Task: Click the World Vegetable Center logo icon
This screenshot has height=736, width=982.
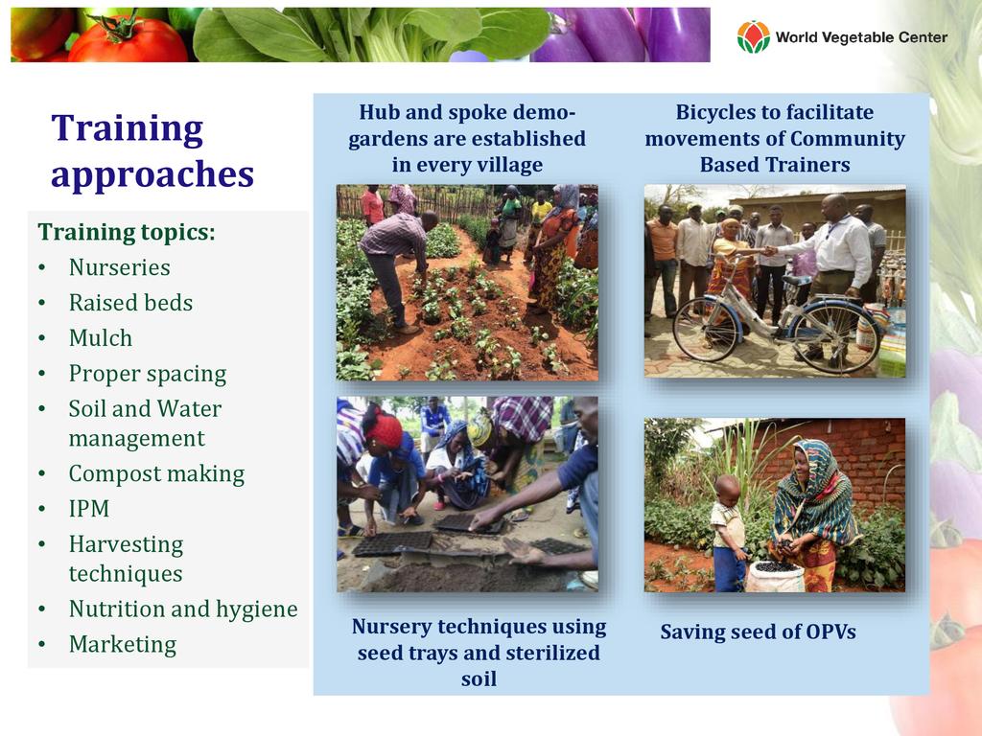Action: (x=753, y=37)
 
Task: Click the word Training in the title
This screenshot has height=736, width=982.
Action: (x=128, y=129)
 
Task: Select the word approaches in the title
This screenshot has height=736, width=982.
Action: (x=152, y=174)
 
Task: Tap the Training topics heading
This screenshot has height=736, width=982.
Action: (x=127, y=232)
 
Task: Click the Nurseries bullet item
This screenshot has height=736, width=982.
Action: (x=119, y=267)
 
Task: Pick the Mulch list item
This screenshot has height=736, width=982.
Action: (x=100, y=338)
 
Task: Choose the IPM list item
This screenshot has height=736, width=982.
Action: (x=89, y=509)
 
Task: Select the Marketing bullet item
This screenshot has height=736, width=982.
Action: (x=123, y=645)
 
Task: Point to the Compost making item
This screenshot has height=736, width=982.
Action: (x=156, y=474)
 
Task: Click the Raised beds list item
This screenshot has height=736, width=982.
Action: (x=130, y=303)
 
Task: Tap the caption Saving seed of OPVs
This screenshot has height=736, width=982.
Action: (x=758, y=632)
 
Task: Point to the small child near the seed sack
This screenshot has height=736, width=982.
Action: (x=729, y=533)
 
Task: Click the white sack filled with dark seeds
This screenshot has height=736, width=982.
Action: (x=775, y=576)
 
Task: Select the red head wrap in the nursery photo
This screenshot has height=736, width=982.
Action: (x=384, y=428)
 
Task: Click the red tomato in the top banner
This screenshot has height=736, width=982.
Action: (x=128, y=40)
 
